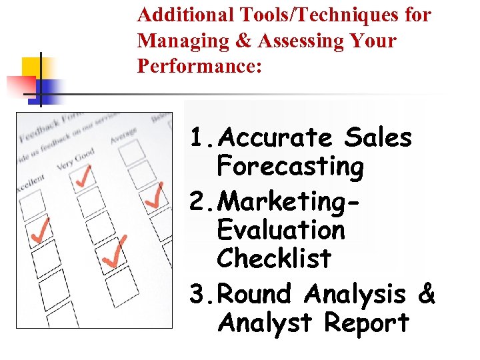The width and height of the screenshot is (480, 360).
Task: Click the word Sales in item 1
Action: tap(379, 138)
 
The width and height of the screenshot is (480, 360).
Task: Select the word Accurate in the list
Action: tap(275, 138)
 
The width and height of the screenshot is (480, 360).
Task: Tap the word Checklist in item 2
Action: tap(274, 258)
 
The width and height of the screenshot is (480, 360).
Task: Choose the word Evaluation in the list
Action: tap(281, 230)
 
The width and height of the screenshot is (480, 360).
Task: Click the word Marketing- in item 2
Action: tap(288, 200)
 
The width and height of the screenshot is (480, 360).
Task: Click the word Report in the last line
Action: tap(366, 323)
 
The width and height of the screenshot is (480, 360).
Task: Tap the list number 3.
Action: tap(197, 294)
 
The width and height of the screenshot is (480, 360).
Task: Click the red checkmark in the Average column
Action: tap(154, 194)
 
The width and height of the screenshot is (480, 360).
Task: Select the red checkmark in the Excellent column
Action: tap(41, 230)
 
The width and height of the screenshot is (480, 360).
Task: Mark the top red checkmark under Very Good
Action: tap(83, 175)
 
